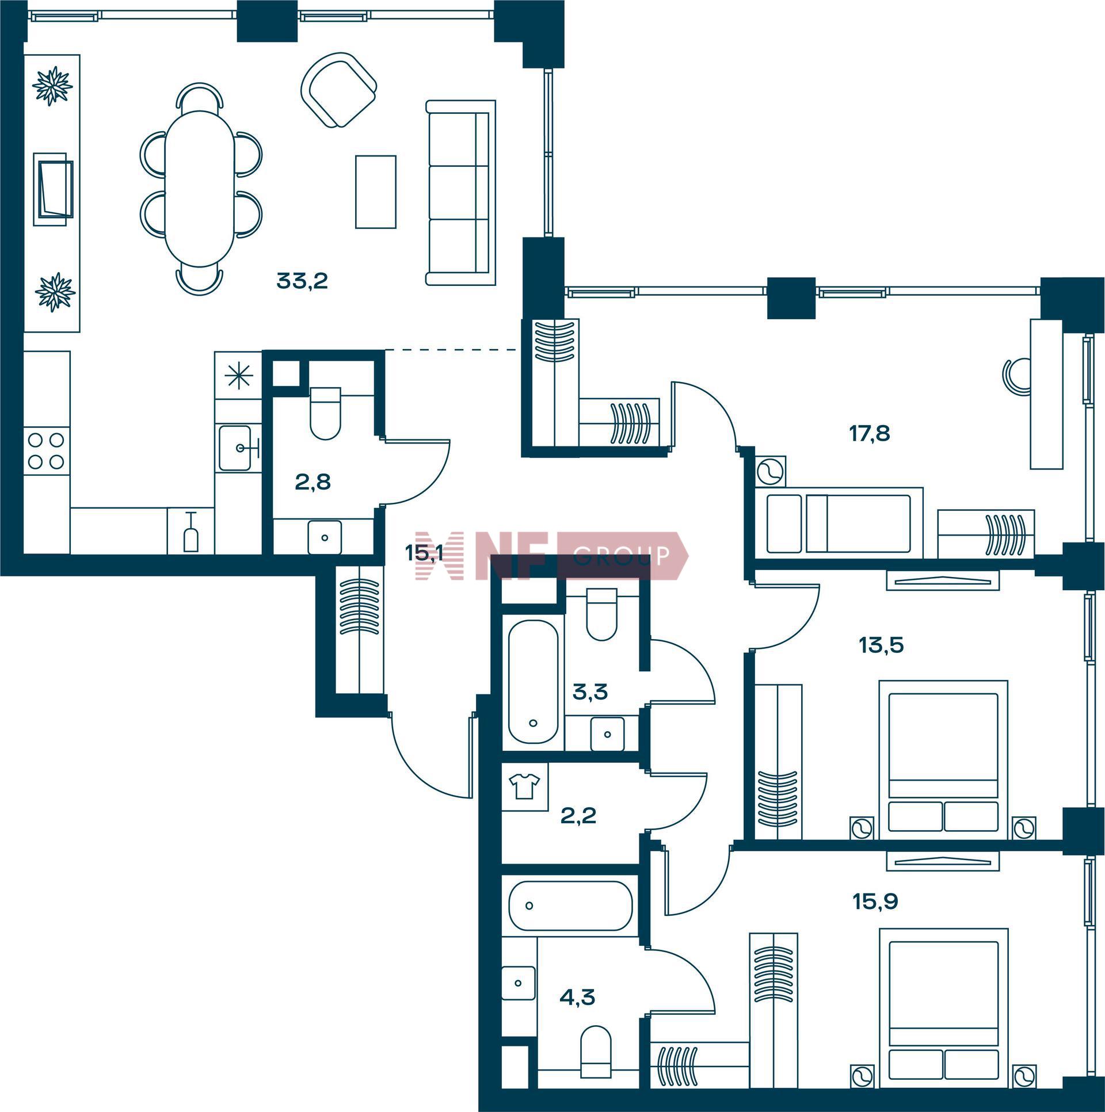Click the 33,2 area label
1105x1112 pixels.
point(302,281)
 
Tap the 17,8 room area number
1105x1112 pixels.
point(870,433)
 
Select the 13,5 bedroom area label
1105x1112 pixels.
point(881,645)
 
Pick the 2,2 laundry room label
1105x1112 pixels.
point(578,815)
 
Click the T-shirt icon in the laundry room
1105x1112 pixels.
point(524,787)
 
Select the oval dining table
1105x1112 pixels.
point(200,188)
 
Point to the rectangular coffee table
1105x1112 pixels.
point(375,192)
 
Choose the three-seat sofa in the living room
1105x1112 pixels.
point(460,193)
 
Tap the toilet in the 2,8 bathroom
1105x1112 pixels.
point(325,413)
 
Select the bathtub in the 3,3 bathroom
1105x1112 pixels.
point(533,682)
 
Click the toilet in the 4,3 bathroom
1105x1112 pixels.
point(596,1058)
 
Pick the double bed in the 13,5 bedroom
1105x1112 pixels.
point(943,759)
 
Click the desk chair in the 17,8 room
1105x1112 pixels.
point(1017,376)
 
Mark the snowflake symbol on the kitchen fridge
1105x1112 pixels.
point(238,376)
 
